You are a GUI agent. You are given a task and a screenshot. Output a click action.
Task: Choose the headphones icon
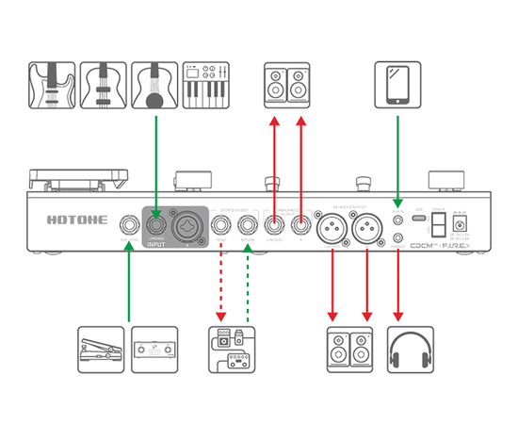411,350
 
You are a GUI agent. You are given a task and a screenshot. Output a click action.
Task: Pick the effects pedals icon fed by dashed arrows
232,350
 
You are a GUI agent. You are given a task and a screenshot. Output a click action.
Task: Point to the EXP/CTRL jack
126,225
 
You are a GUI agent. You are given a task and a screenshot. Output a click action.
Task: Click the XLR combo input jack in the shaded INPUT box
185,224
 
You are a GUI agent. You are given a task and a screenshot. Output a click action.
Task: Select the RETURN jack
247,225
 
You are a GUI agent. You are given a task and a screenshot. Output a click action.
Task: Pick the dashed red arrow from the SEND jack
221,283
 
